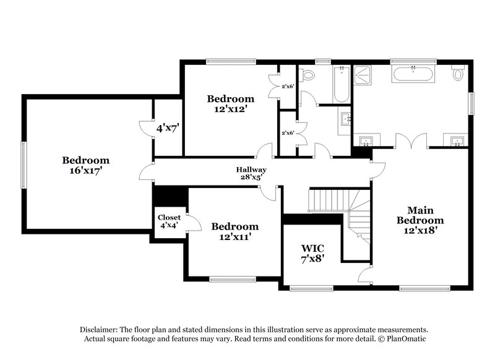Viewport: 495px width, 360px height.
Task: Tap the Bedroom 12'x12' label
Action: click(230, 103)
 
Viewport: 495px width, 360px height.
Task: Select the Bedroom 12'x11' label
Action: click(235, 231)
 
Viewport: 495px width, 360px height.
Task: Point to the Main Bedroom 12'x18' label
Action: click(420, 220)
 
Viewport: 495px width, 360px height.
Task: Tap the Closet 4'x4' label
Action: click(169, 221)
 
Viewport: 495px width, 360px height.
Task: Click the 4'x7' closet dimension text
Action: click(166, 129)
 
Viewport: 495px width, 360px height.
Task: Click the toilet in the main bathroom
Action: click(458, 74)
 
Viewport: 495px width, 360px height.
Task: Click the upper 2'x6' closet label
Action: click(288, 87)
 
